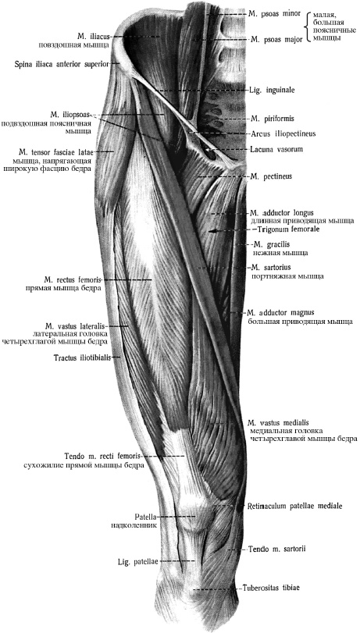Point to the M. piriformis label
pos(272,119)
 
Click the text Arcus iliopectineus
pos(283,133)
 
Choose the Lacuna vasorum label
pos(276,149)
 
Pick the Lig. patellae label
pos(137,561)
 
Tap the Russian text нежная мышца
pos(280,254)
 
